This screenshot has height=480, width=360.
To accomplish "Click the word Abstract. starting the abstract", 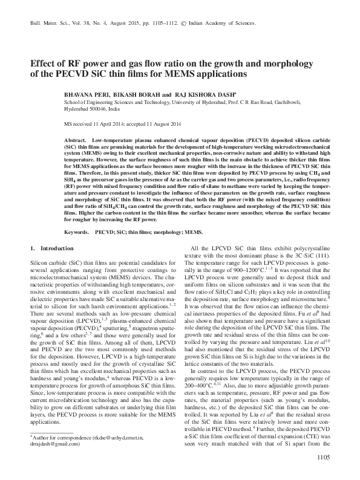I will coord(74,140).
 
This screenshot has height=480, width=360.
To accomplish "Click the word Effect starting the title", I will coord(42,61).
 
